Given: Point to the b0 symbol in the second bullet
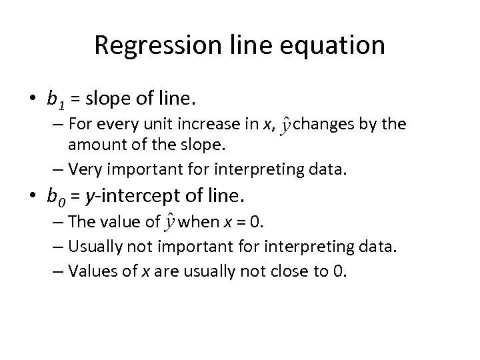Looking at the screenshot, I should coord(54,197).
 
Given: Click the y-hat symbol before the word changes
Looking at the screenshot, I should coord(285,126).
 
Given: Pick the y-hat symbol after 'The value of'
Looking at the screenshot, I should coord(171,223).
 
